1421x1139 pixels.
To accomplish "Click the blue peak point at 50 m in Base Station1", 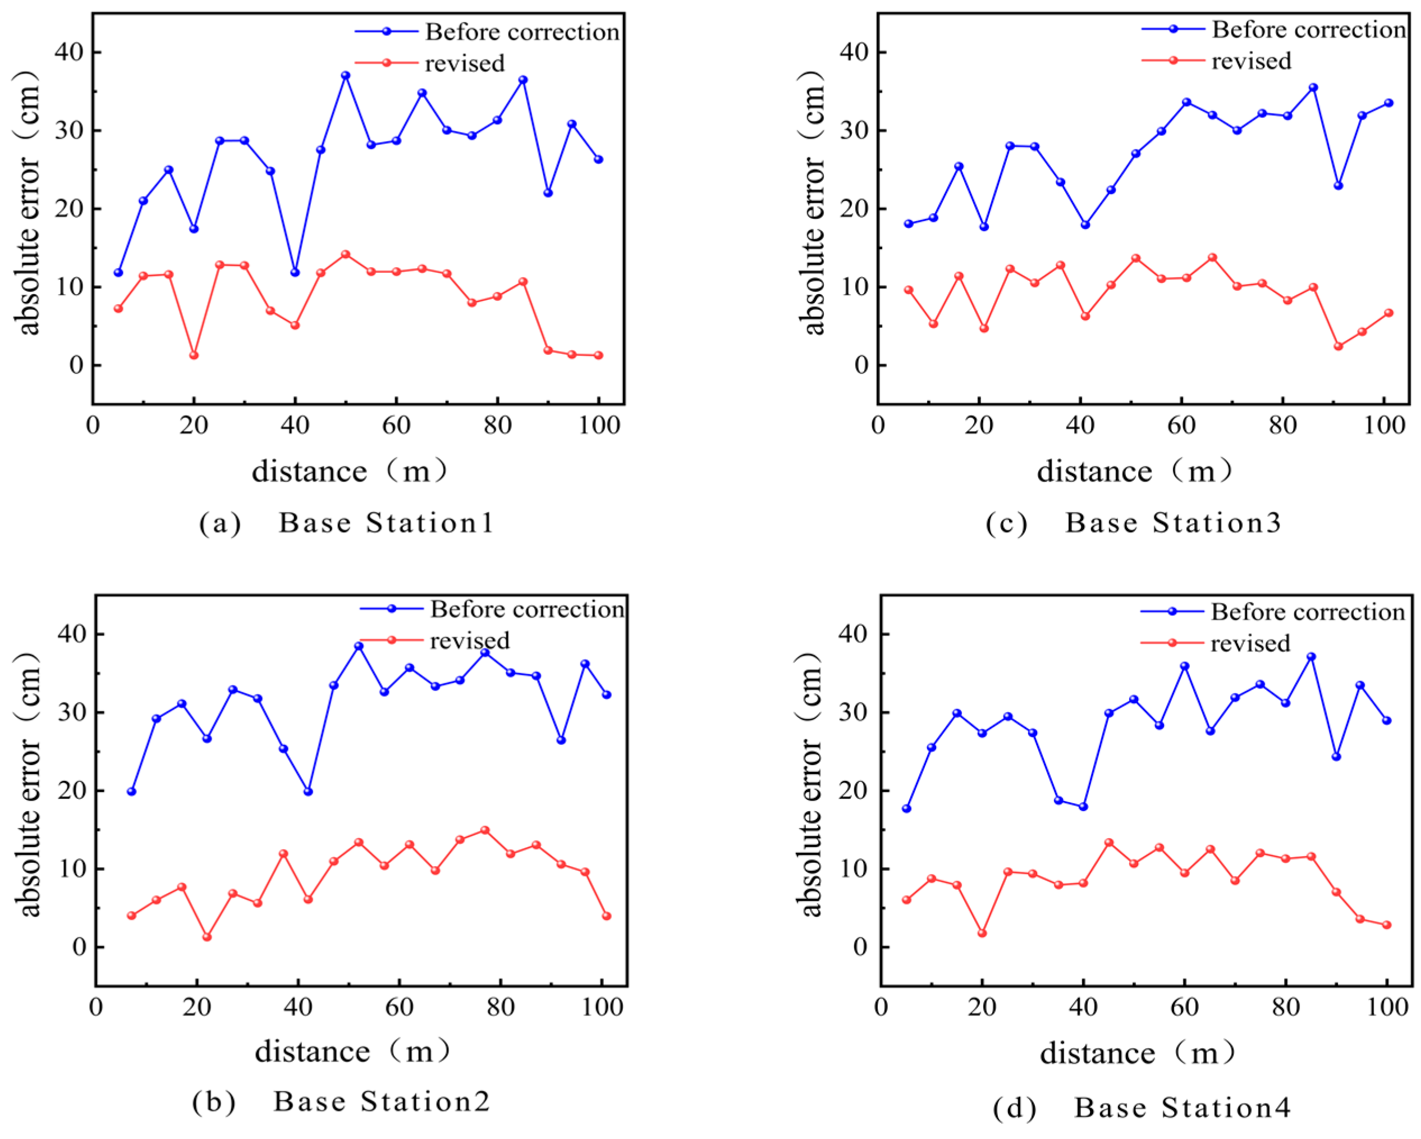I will [345, 76].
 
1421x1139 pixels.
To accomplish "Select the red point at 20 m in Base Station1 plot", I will [194, 355].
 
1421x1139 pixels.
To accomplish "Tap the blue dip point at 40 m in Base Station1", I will [295, 272].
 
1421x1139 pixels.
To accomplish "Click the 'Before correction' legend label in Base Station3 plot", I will [1308, 30].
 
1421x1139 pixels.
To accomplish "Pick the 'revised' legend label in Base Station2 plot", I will [469, 641].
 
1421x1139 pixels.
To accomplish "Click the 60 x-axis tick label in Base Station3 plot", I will [1181, 425].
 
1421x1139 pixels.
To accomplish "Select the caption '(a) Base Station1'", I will [347, 523].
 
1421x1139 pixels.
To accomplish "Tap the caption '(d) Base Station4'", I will [1142, 1108].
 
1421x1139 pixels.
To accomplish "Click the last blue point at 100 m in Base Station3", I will [1388, 103].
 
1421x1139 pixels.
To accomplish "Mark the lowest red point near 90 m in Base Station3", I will [1338, 346].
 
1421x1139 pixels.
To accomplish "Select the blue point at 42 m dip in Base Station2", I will [308, 791].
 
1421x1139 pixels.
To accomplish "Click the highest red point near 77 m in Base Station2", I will [485, 830].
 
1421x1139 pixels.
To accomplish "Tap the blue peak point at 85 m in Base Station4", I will [1311, 656].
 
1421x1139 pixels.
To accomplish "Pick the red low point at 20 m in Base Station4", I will [982, 932].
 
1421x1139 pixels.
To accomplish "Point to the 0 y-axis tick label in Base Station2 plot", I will [79, 947].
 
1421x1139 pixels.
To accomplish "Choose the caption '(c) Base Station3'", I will [1133, 523].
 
